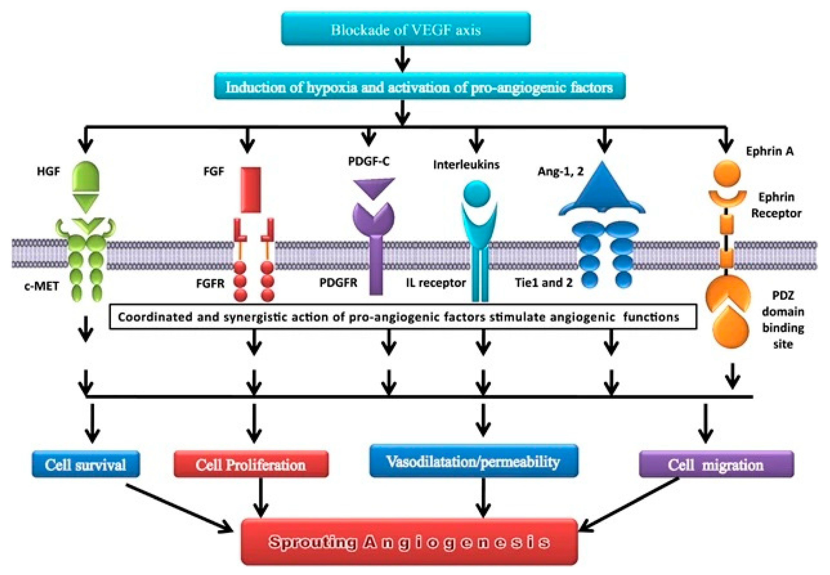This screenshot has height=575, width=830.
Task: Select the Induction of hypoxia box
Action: pyautogui.click(x=419, y=86)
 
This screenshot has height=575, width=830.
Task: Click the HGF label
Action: pyautogui.click(x=48, y=171)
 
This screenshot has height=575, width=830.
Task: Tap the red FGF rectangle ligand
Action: pyautogui.click(x=251, y=190)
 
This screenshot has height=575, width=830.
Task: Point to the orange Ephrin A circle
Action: pyautogui.click(x=726, y=174)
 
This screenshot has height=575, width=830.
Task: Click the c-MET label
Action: pyautogui.click(x=42, y=286)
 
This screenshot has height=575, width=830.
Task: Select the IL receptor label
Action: pyautogui.click(x=436, y=283)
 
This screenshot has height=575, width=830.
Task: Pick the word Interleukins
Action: pyautogui.click(x=466, y=165)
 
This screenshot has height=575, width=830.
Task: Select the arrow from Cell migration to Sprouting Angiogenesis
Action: pyautogui.click(x=629, y=504)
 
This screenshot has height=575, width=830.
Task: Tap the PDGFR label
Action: pyautogui.click(x=338, y=283)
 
